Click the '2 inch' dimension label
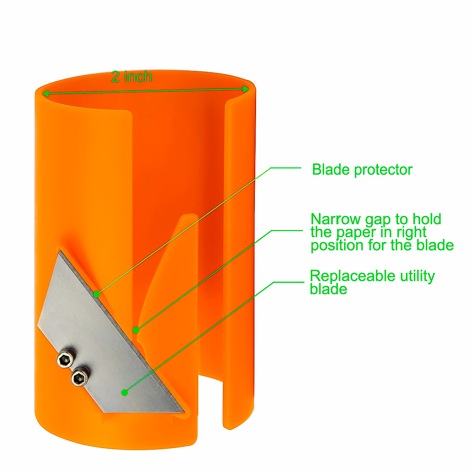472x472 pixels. pos(131,76)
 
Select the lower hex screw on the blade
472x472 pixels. pos(79,378)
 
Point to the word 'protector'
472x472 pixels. pos(383,170)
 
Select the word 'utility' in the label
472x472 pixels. pos(417,276)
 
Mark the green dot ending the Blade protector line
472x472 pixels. pos(96,293)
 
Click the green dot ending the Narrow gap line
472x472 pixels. pos(136,330)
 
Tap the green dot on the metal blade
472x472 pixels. pos(125,392)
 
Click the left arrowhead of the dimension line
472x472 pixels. pos(46,94)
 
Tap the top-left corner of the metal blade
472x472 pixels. pos(60,252)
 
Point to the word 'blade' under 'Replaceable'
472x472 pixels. pos(328,289)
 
